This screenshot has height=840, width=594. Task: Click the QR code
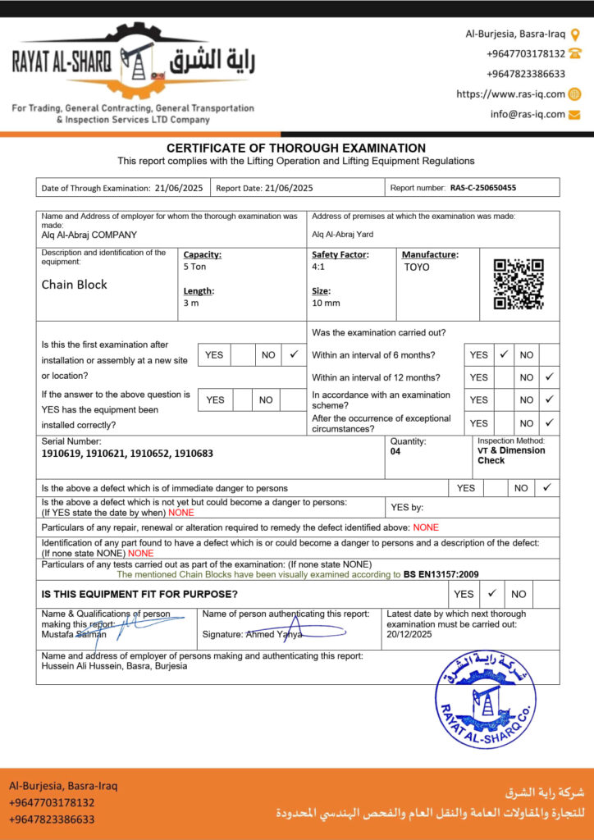pyautogui.click(x=519, y=284)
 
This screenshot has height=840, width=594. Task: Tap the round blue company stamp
pyautogui.click(x=485, y=699)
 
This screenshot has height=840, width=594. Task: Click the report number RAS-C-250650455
pyautogui.click(x=483, y=188)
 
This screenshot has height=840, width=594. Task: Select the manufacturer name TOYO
pyautogui.click(x=417, y=267)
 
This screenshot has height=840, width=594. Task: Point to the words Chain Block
pyautogui.click(x=75, y=285)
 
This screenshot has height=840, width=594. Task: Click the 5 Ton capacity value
pyautogui.click(x=196, y=267)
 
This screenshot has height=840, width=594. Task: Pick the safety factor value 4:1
pyautogui.click(x=318, y=267)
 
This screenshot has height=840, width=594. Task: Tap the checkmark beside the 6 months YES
pyautogui.click(x=505, y=354)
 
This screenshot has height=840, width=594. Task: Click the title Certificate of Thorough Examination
pyautogui.click(x=296, y=148)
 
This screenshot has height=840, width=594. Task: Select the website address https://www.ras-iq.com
pyautogui.click(x=510, y=94)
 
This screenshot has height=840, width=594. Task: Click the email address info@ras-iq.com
pyautogui.click(x=528, y=114)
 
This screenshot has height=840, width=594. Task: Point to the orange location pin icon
pyautogui.click(x=575, y=34)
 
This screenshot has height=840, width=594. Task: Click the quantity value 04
pyautogui.click(x=395, y=451)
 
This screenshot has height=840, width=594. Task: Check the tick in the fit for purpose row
pyautogui.click(x=491, y=593)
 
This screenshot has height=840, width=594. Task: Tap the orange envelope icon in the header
pyautogui.click(x=574, y=114)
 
